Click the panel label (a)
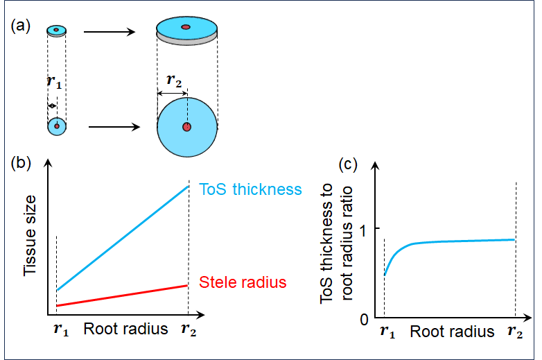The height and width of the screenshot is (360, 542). tap(21, 26)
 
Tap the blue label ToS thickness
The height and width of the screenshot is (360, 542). tap(250, 189)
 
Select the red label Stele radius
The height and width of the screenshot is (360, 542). tap(243, 282)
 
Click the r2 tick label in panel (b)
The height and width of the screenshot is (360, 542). tap(189, 329)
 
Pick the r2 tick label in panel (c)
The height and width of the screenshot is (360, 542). tap(515, 332)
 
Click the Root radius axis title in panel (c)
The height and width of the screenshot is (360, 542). tap(452, 332)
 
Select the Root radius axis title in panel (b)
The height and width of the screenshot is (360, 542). tap(125, 329)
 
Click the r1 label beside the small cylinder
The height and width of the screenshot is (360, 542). tap(53, 80)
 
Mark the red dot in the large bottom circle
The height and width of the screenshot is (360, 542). tap(186, 127)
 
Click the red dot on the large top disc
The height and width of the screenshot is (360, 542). tap(185, 27)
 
